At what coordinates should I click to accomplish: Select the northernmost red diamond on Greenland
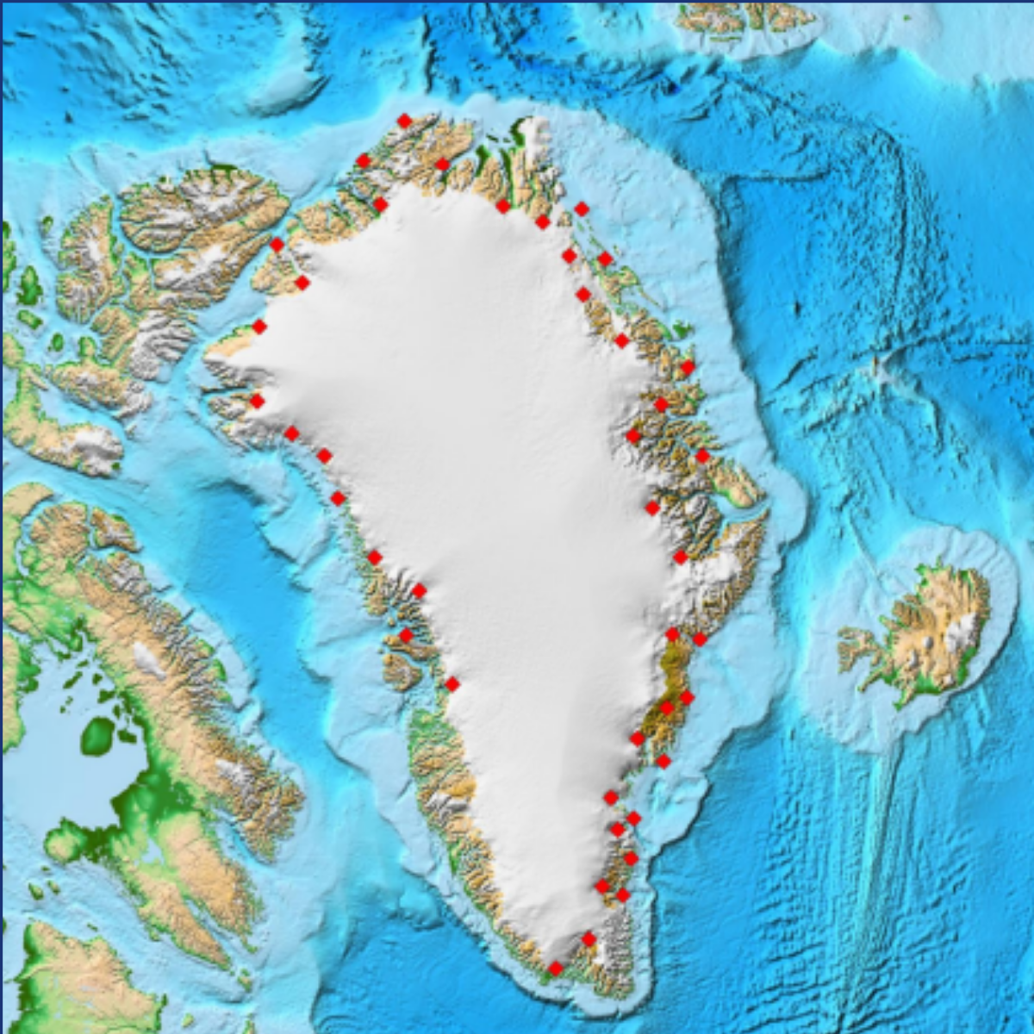coord(404,121)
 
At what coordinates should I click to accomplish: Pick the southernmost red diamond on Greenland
coord(556,969)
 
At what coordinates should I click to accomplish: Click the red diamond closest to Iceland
coord(700,638)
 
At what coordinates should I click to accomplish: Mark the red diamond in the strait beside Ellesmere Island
coord(277,245)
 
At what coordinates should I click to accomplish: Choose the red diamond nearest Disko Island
coord(406,635)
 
